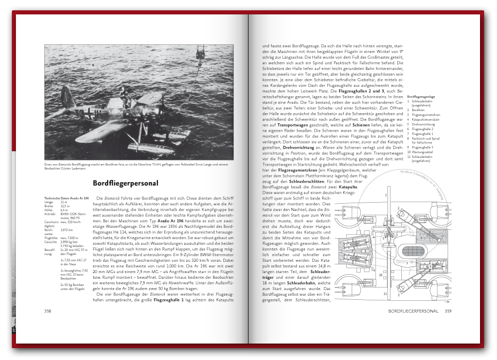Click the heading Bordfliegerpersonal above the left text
(x=126, y=183)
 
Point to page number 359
(x=448, y=311)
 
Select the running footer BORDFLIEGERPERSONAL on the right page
(x=413, y=311)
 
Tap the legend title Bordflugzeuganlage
(x=421, y=97)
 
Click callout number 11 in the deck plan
(x=385, y=294)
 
